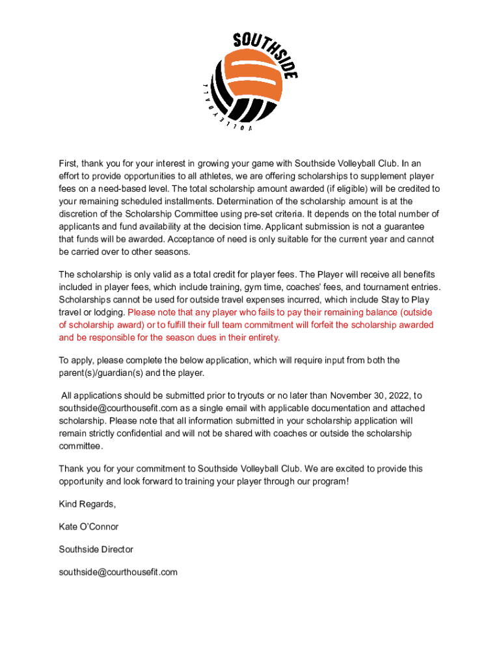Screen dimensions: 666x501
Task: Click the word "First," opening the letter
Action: (x=70, y=163)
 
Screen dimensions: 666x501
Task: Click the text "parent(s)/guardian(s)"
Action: (x=102, y=373)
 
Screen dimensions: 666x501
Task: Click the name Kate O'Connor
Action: (x=88, y=527)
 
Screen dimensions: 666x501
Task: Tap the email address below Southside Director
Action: (x=118, y=572)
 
